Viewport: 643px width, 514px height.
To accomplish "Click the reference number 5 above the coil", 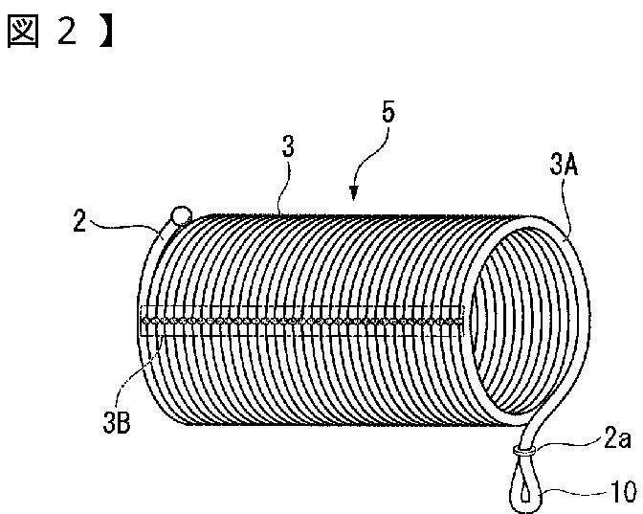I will click(388, 113).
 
